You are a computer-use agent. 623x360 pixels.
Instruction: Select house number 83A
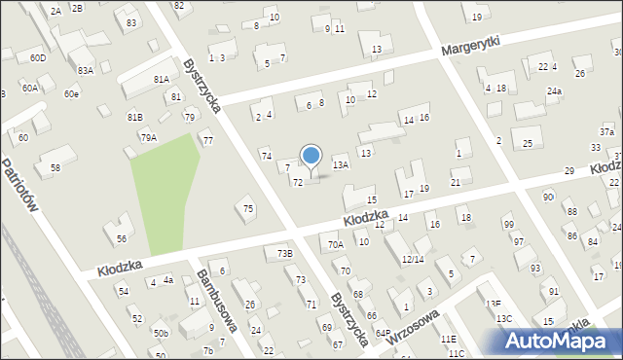click(x=86, y=70)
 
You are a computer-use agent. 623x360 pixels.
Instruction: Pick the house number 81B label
click(x=134, y=117)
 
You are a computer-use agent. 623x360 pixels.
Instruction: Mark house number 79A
click(x=148, y=138)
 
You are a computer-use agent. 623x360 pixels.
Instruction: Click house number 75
click(x=248, y=208)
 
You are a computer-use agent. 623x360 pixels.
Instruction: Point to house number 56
click(x=121, y=238)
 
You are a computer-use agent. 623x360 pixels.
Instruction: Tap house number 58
click(x=55, y=168)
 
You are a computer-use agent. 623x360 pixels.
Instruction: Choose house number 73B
click(x=283, y=253)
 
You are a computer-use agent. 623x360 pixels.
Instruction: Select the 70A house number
click(x=336, y=245)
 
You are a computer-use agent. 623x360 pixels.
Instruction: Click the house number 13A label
click(x=340, y=165)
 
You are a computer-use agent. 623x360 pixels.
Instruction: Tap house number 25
click(x=528, y=144)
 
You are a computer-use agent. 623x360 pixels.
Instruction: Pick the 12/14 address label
click(x=412, y=260)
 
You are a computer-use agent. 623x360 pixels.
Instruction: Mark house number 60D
click(x=37, y=58)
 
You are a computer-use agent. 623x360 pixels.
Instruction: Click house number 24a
click(x=554, y=91)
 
